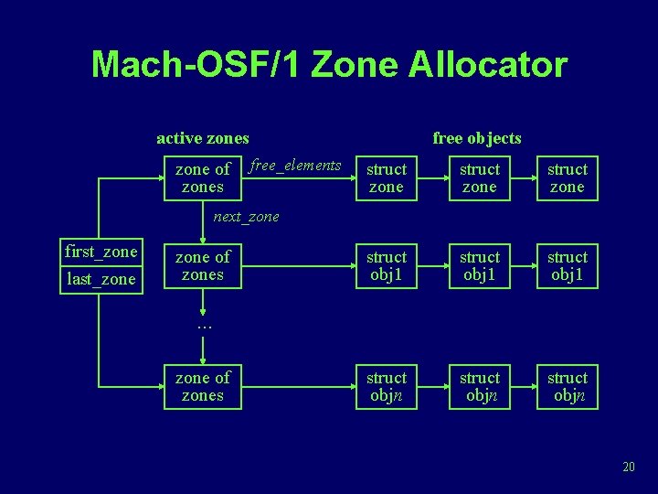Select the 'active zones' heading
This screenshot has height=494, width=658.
(x=203, y=138)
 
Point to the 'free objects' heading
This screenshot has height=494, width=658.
(x=477, y=138)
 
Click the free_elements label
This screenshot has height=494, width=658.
(x=295, y=166)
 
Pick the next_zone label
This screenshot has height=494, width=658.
(x=246, y=217)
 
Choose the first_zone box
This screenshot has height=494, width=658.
(x=101, y=252)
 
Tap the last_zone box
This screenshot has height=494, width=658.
(x=101, y=279)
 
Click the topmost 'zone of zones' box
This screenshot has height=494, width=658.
(x=203, y=177)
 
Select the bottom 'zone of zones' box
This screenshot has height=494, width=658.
(x=203, y=386)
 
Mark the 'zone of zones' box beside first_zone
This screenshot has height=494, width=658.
(x=203, y=265)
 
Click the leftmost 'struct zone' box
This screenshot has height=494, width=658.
(x=387, y=177)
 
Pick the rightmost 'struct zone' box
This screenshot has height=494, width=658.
(x=567, y=177)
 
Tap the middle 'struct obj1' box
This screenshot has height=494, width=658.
(x=480, y=265)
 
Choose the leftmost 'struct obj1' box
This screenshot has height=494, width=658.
(x=387, y=265)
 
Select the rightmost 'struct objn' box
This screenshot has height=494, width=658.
(x=567, y=386)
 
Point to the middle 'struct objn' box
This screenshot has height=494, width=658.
(x=480, y=386)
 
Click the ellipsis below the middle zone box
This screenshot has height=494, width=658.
(x=203, y=325)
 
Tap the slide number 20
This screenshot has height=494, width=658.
(x=628, y=467)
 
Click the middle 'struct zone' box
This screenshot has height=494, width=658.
(x=480, y=177)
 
